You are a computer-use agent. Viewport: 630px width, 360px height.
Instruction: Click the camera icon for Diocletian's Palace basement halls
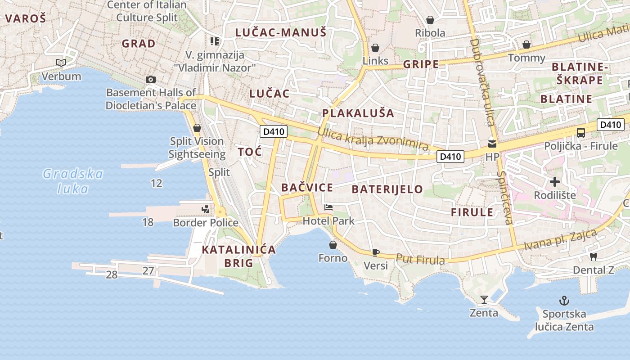[151, 80]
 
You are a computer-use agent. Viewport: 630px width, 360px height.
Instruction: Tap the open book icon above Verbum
[61, 63]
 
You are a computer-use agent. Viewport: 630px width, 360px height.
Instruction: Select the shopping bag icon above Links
[375, 48]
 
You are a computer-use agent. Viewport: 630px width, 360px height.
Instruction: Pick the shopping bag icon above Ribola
[430, 20]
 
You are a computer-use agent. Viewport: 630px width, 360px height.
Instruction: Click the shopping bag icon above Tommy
[526, 45]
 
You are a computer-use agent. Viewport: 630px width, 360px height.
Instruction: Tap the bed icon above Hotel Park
[328, 207]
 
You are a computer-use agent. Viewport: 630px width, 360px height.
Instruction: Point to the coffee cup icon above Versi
[376, 252]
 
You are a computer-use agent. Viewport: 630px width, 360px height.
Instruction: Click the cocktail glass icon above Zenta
[484, 299]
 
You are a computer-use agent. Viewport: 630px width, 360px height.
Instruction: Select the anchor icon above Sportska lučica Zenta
[564, 300]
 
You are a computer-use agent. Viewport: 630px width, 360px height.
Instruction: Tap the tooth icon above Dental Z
[593, 256]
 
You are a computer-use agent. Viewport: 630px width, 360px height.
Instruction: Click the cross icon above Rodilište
[555, 182]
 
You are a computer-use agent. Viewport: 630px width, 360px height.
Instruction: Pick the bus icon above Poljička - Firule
[580, 133]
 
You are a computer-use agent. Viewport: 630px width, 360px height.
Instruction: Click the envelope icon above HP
[492, 144]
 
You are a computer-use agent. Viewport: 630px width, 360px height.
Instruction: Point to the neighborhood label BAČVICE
[307, 188]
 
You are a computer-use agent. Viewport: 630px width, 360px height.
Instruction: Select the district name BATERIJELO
[387, 189]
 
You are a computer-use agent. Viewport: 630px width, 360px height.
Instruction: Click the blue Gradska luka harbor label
[73, 181]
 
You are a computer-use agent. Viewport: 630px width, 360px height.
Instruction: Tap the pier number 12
[157, 183]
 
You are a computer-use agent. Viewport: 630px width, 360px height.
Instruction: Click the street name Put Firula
[420, 259]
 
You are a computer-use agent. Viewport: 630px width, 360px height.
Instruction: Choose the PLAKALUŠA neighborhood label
[358, 113]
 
